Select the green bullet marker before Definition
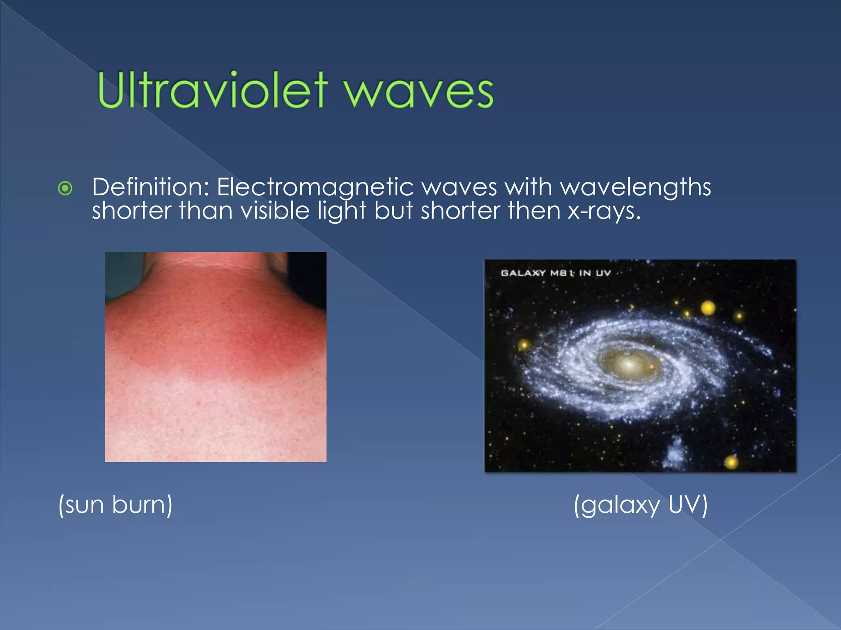65,189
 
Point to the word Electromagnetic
315,188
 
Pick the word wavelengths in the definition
636,188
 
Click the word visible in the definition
275,211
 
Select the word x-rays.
604,212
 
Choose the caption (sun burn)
115,504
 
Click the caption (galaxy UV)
641,504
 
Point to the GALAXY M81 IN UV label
556,273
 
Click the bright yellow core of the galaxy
628,363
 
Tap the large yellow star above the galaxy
708,308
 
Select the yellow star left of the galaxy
524,344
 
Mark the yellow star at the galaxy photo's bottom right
731,462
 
